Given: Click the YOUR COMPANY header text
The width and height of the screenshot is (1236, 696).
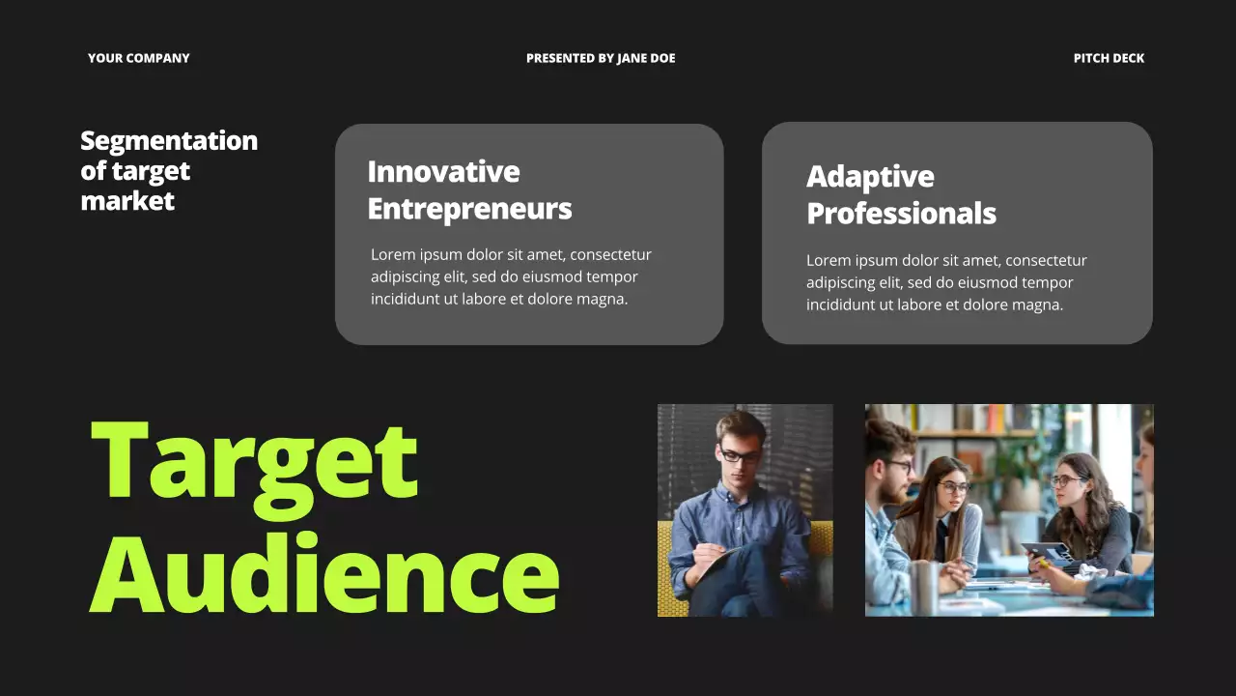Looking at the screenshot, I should (x=138, y=58).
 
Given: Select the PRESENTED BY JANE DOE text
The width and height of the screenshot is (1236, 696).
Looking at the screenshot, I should (x=601, y=58).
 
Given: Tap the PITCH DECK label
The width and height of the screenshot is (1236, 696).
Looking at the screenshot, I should (x=1109, y=58).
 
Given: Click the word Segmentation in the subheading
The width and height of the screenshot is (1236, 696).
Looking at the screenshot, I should (x=169, y=141).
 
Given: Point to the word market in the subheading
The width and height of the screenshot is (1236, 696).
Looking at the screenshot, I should (x=127, y=201).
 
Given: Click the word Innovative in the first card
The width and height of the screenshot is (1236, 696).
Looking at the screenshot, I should (x=443, y=172).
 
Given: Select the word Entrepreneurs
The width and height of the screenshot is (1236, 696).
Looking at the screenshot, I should (x=469, y=209).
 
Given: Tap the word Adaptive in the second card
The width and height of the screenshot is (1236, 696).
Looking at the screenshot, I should (x=870, y=177).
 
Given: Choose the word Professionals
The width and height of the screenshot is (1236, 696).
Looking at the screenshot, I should (x=901, y=214).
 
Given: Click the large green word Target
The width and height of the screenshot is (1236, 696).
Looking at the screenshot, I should (x=254, y=461).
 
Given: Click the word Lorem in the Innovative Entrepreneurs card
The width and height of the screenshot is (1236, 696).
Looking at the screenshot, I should (x=392, y=255).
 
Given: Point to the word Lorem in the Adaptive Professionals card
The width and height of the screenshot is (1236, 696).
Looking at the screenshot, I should (x=828, y=261).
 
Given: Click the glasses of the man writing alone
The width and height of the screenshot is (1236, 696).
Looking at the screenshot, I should (x=739, y=455).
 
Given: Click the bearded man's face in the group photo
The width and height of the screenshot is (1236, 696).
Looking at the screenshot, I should (x=892, y=474).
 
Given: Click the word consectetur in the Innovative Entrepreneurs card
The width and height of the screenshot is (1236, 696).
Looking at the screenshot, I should (x=610, y=255).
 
